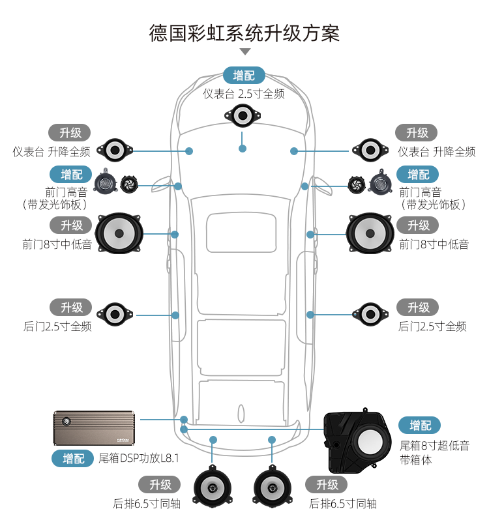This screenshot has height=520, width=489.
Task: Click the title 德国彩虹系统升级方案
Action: [244, 33]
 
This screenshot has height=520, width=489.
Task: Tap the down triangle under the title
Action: [245, 51]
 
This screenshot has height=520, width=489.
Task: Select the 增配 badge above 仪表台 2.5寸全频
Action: [244, 75]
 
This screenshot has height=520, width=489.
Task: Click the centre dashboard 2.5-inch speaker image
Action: [243, 117]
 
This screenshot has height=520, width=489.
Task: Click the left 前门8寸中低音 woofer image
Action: [119, 233]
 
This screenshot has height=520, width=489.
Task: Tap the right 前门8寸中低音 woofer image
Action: [370, 233]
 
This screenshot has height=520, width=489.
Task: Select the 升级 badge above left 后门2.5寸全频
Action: [72, 307]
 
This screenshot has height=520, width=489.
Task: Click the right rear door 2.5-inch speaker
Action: [370, 313]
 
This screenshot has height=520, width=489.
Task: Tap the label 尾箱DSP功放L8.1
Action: [139, 459]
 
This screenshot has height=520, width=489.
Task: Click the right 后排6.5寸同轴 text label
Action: [343, 504]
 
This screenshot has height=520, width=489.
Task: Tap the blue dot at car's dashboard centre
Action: [243, 149]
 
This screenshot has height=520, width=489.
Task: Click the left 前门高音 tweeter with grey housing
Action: [105, 184]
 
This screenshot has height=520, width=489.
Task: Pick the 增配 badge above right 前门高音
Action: [418, 175]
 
